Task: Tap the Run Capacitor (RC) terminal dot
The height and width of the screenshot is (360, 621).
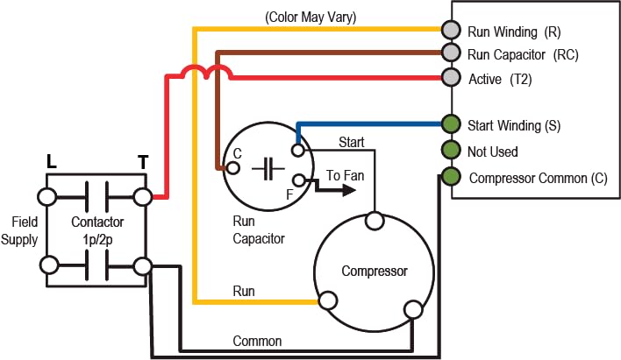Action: click(451, 53)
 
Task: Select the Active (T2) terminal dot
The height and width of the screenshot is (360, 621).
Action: click(451, 77)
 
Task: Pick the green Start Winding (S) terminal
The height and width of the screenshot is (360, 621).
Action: click(451, 124)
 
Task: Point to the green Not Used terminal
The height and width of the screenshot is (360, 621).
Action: click(451, 150)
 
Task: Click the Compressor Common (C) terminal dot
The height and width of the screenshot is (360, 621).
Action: click(451, 177)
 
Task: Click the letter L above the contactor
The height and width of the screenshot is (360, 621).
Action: click(52, 161)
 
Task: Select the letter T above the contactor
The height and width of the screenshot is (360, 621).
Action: click(141, 161)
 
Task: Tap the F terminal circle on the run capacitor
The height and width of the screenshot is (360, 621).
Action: click(299, 182)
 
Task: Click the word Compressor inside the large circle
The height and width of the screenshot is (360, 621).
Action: click(374, 271)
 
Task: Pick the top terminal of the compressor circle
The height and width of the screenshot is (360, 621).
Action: click(375, 219)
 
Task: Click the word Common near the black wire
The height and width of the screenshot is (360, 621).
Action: click(257, 340)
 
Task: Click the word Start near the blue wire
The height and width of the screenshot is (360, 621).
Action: click(352, 142)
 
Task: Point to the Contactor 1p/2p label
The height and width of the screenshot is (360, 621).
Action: click(96, 230)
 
